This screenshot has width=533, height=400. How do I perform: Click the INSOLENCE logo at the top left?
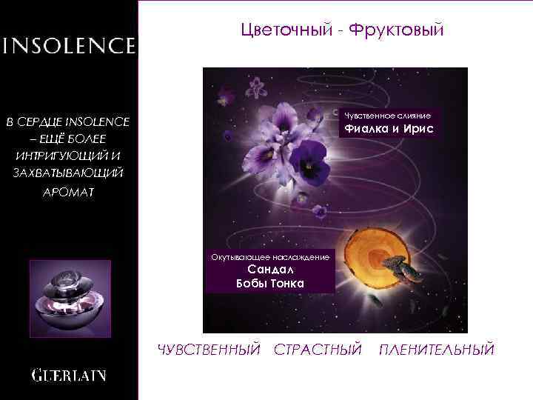point(69,46)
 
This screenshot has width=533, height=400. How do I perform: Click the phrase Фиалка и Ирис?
point(386,130)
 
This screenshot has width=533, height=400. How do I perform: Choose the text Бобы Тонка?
point(269,284)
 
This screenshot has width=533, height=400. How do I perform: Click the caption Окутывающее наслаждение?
point(270,256)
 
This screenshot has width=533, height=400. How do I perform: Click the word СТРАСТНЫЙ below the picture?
point(318,349)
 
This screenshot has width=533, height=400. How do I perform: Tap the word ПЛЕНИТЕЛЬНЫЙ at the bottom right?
point(436,349)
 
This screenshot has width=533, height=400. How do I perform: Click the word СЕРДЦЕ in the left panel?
point(40,121)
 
